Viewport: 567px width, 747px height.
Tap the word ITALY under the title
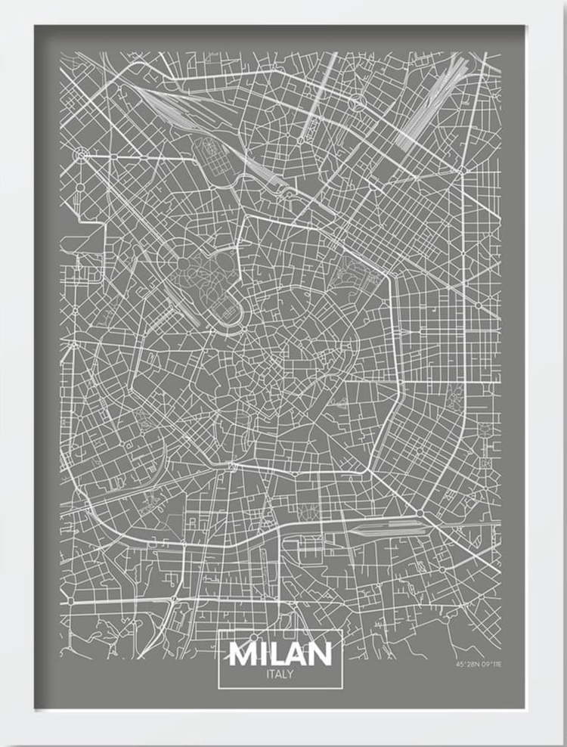pyautogui.click(x=280, y=674)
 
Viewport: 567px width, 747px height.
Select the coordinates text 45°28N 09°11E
pyautogui.click(x=479, y=665)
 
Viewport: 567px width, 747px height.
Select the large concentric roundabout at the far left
pyautogui.click(x=80, y=156)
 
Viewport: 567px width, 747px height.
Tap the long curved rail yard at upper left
pyautogui.click(x=204, y=121)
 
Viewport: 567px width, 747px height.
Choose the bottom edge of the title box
pyautogui.click(x=280, y=688)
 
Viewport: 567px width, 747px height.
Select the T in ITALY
pyautogui.click(x=273, y=674)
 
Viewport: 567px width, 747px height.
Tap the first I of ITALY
pyautogui.click(x=268, y=674)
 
